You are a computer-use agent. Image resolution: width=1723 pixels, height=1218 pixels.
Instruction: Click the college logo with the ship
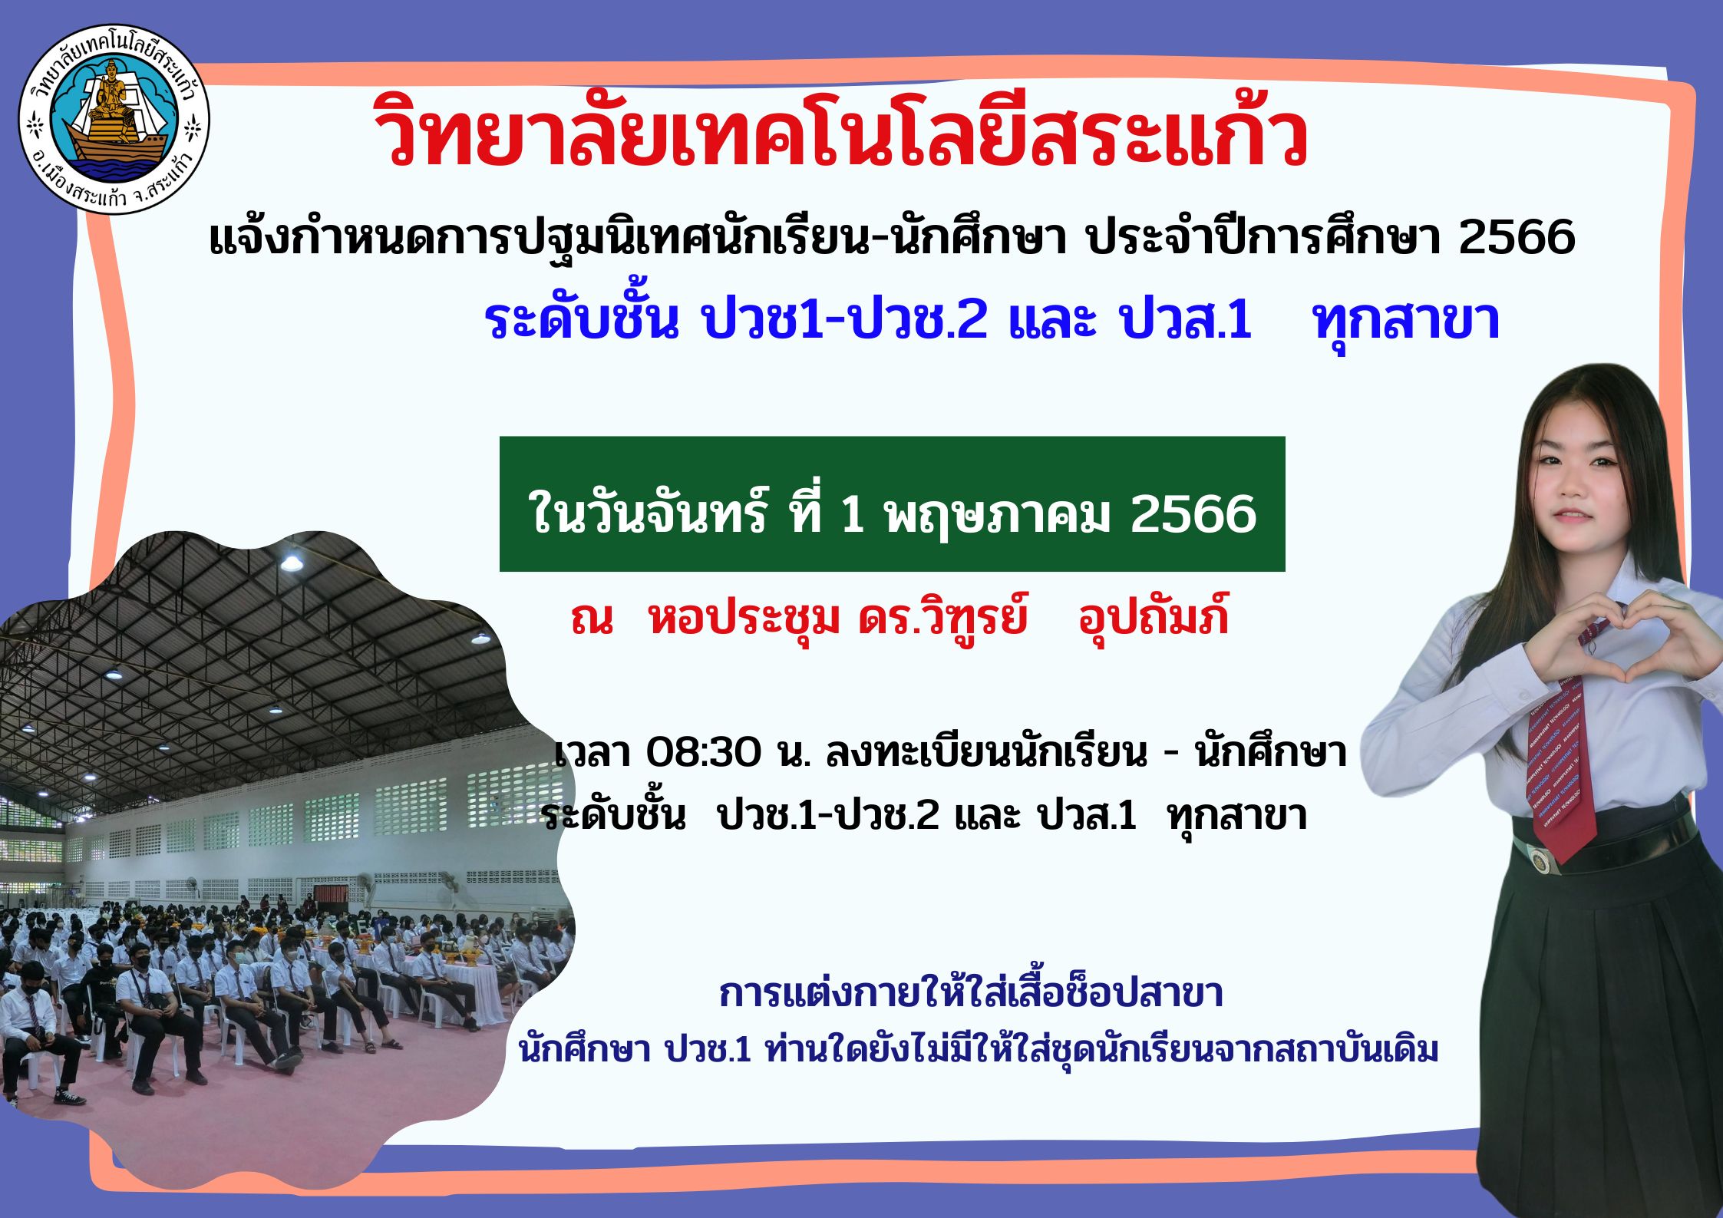point(114,119)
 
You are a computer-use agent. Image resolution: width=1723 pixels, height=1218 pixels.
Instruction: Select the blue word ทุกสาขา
point(1406,320)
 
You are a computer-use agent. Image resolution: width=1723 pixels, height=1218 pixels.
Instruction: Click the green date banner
point(892,504)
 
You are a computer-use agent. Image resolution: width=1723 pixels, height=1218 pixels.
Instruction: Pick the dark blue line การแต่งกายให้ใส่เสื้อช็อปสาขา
point(970,993)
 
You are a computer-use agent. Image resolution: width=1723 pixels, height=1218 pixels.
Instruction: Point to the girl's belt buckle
point(1537,859)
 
